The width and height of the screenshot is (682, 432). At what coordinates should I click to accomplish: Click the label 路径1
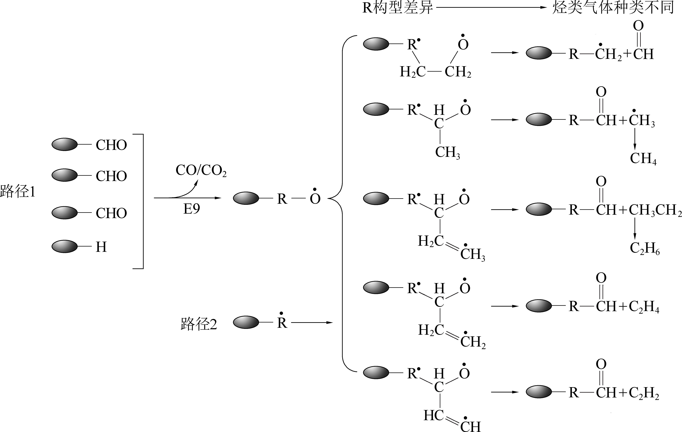click(18, 192)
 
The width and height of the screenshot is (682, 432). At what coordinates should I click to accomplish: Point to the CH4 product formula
click(643, 159)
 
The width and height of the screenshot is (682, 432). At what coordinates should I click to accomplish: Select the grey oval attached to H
click(65, 246)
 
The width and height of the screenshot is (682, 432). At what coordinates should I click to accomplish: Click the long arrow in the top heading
click(491, 8)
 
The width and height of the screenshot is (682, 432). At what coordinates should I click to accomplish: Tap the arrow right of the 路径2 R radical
click(312, 323)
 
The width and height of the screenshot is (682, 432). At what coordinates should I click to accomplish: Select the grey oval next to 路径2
click(246, 322)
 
